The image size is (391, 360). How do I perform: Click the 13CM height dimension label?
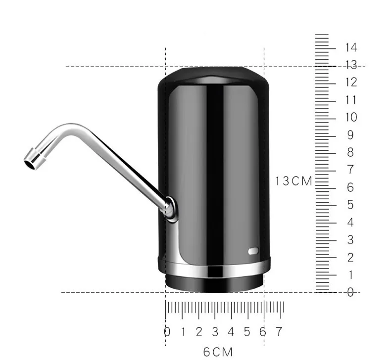294,181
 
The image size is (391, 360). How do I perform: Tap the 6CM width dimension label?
218,352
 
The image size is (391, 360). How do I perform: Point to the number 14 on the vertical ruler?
351,47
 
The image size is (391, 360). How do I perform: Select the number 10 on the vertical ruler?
351,117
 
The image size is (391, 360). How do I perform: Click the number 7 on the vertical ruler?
350,170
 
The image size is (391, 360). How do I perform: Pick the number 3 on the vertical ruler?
350,240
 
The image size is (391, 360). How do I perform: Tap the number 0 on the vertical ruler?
350,292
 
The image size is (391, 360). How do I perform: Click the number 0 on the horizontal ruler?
167,332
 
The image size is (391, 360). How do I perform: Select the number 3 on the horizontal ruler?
215,332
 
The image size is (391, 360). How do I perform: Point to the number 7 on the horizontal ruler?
279,332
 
